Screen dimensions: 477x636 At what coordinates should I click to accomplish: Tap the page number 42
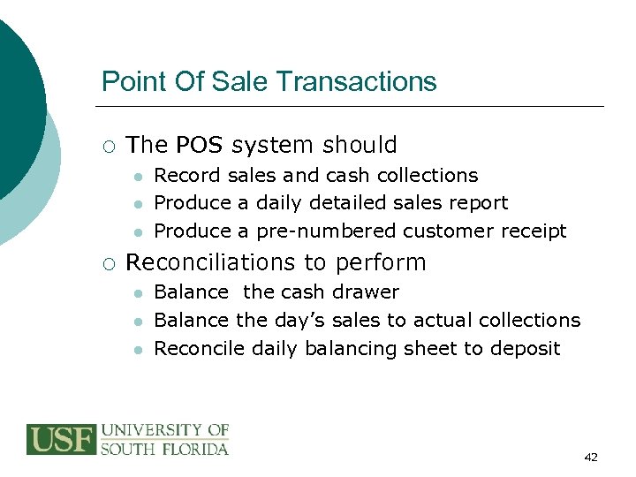pos(591,457)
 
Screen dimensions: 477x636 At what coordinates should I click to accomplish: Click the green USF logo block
pos(61,439)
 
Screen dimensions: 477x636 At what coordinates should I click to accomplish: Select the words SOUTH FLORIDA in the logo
pos(164,449)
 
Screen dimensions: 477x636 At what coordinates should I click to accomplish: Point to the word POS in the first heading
pos(201,145)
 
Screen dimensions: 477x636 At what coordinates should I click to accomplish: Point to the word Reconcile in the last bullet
pos(199,348)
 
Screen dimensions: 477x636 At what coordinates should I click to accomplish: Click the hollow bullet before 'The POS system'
pos(108,146)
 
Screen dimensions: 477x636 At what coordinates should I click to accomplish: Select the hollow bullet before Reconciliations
pos(108,263)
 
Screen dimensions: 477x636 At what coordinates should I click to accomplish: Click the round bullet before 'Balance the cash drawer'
pos(138,293)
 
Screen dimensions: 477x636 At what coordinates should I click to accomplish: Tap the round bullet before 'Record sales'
pos(138,177)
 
